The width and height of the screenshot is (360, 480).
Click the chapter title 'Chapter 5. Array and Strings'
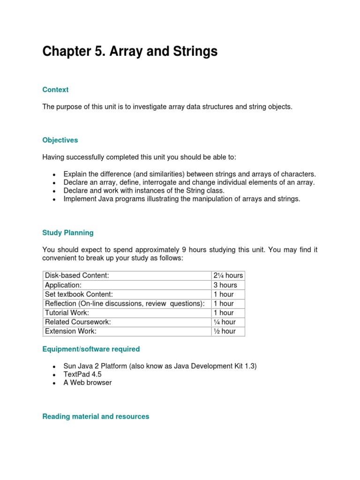(130, 52)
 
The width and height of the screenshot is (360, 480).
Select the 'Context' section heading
(55, 90)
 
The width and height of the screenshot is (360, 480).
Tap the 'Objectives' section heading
(60, 140)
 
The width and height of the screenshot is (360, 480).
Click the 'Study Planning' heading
(68, 232)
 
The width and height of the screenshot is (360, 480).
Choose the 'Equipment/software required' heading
(91, 349)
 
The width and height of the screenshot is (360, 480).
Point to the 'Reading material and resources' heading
(96, 416)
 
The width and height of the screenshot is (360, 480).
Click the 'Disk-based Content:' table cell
(77, 276)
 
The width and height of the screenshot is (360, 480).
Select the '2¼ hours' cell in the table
(228, 276)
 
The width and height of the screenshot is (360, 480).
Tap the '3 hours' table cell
(225, 285)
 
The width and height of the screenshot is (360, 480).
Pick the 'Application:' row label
(63, 285)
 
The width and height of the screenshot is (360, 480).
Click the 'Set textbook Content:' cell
(79, 294)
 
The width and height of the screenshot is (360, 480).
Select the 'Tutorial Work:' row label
(67, 313)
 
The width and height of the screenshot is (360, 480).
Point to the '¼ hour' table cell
(225, 322)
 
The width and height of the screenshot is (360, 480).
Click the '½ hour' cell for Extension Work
(225, 331)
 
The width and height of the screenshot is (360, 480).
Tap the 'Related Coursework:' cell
(77, 322)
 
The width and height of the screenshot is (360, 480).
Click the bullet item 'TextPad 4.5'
(82, 374)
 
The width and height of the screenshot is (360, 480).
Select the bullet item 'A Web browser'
(88, 382)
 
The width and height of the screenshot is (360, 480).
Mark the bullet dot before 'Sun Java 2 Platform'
(55, 367)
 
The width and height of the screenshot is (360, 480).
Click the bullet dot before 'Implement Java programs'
(55, 200)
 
